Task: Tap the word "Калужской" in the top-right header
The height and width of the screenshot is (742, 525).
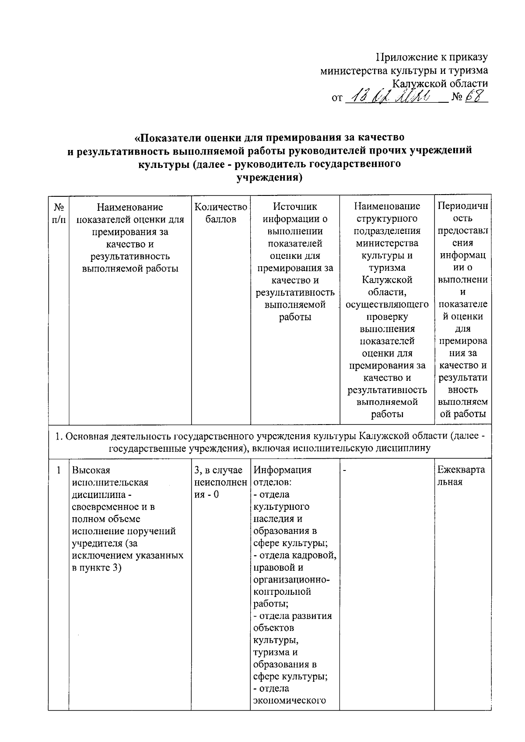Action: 417,84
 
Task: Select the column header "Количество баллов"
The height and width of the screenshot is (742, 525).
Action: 221,212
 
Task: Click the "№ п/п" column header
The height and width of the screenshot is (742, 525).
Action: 59,212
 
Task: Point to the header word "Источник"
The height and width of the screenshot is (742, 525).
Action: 295,206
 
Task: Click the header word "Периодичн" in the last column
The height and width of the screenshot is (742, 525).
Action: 462,206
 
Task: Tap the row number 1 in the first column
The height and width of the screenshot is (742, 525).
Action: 59,470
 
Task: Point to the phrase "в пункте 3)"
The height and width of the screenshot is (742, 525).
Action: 97,568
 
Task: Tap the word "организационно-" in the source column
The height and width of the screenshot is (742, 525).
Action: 292,580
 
